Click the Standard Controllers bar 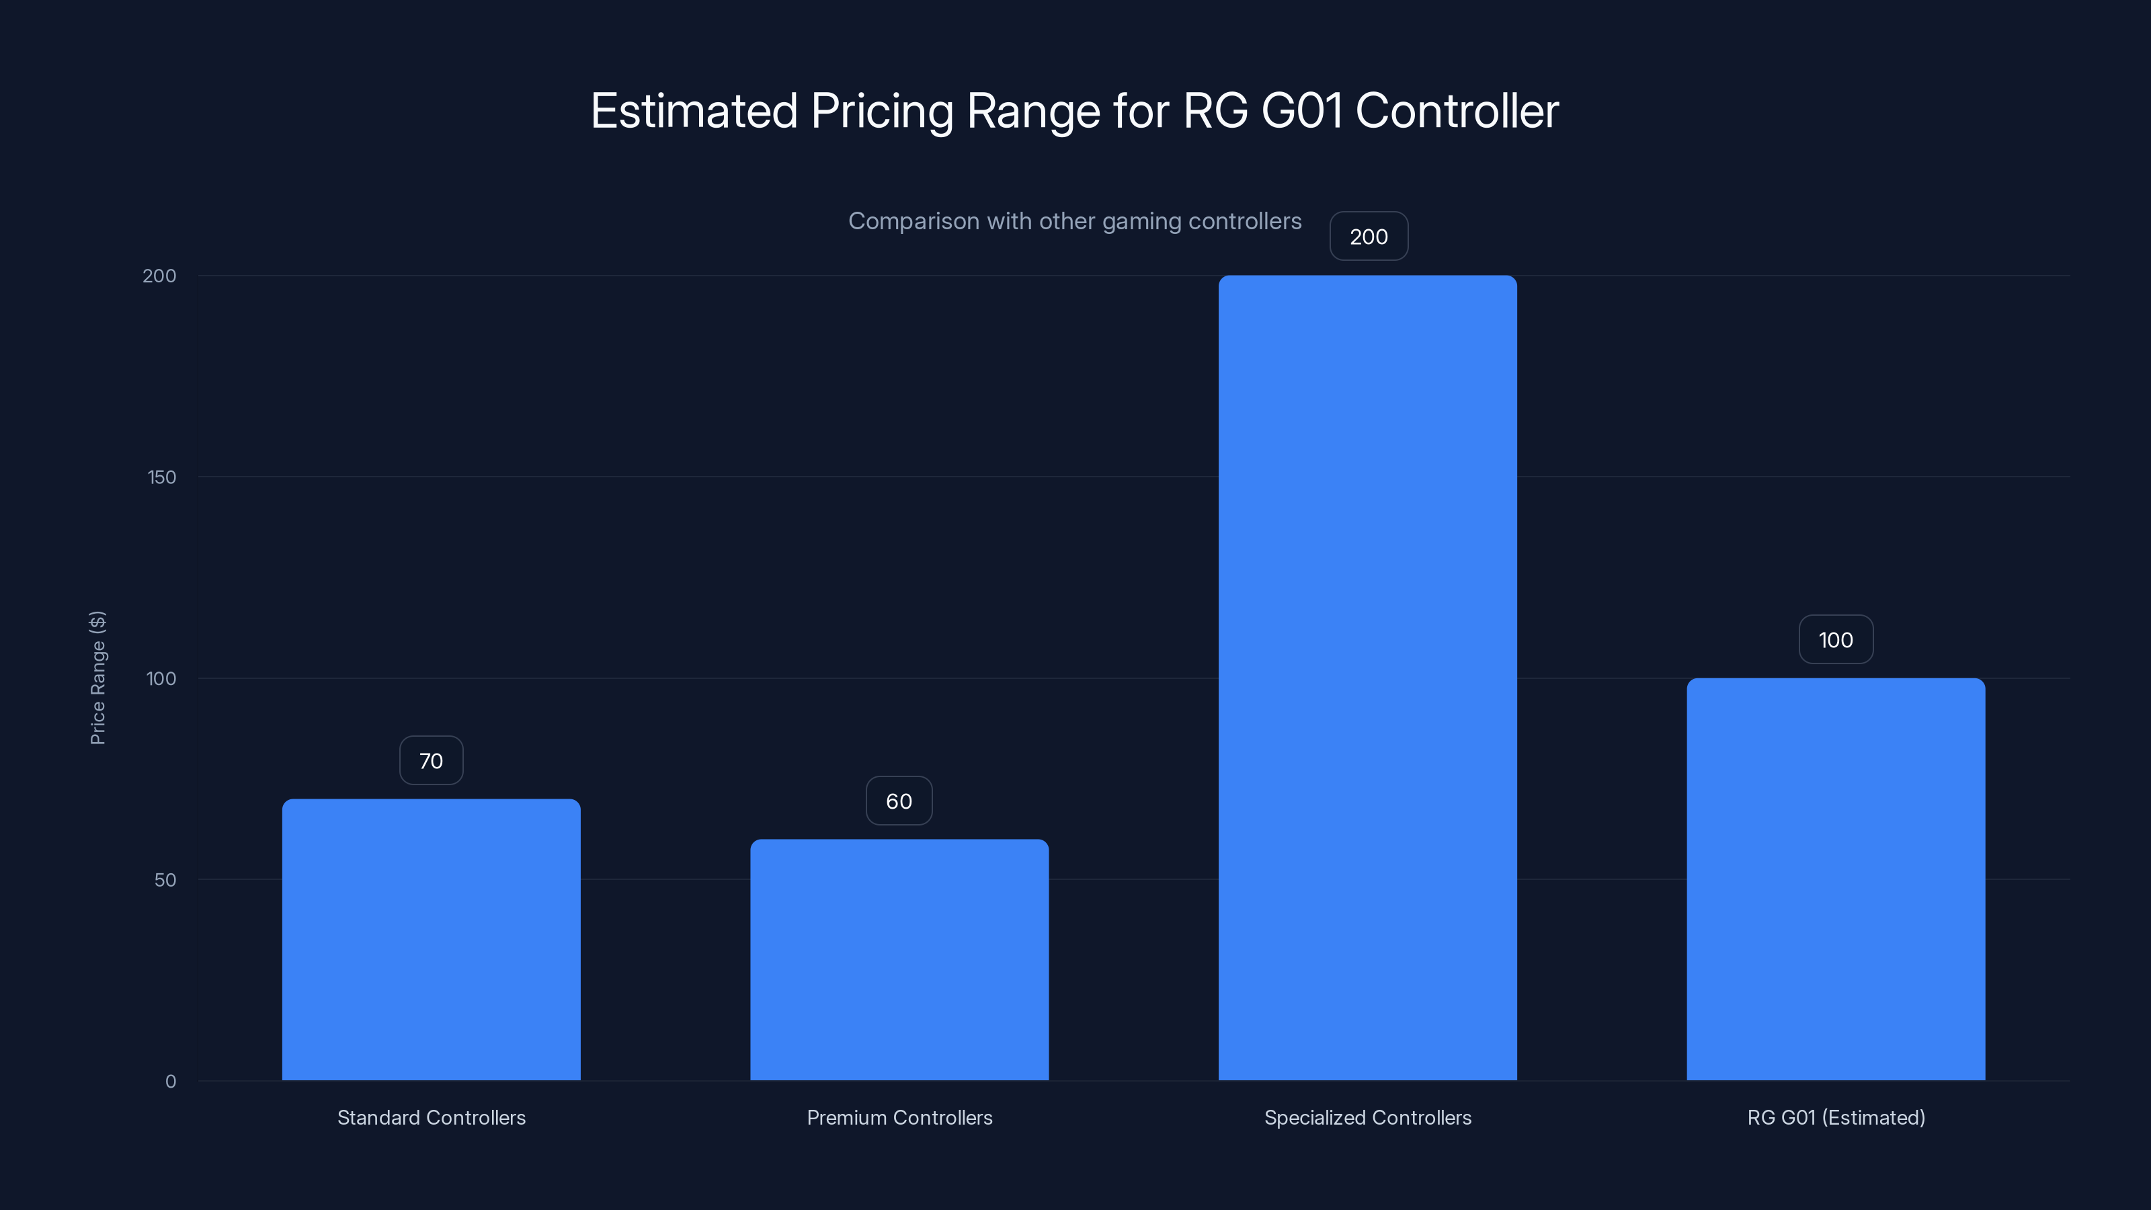click(431, 940)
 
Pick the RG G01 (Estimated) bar click(1835, 879)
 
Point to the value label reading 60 click(899, 801)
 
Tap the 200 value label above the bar click(1369, 237)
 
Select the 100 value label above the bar click(1835, 640)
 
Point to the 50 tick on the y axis click(165, 879)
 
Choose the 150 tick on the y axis click(161, 477)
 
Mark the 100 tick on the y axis click(161, 678)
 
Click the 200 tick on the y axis click(159, 276)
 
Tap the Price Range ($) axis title click(97, 677)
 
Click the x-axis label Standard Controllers click(431, 1117)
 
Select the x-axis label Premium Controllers click(899, 1117)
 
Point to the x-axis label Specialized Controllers click(1367, 1117)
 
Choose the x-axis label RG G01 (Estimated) click(1835, 1117)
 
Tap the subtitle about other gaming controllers click(1075, 221)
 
